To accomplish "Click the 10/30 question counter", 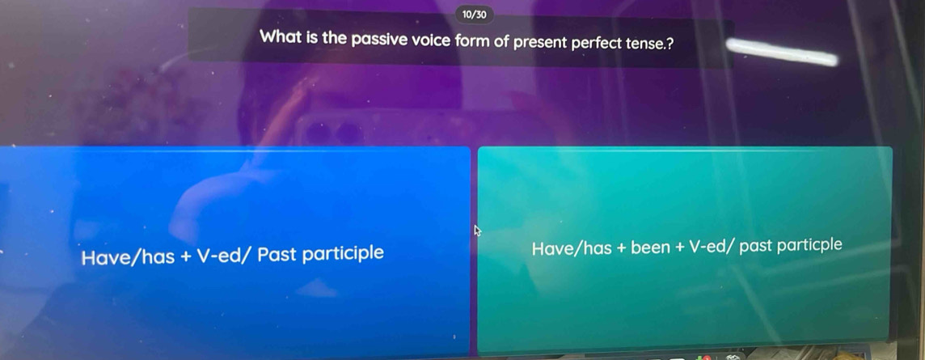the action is (x=475, y=15).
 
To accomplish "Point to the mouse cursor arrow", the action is (x=478, y=231).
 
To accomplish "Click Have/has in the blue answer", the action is (x=128, y=257).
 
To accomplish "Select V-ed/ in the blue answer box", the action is (x=225, y=256).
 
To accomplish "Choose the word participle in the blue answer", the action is (x=344, y=254).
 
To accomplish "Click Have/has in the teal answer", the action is (x=572, y=248).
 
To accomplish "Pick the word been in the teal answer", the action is (x=651, y=248).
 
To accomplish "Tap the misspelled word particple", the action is (x=809, y=245).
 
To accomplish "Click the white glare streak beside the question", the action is (x=782, y=51).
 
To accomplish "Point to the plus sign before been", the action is (x=621, y=248).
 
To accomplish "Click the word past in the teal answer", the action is (x=756, y=246).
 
